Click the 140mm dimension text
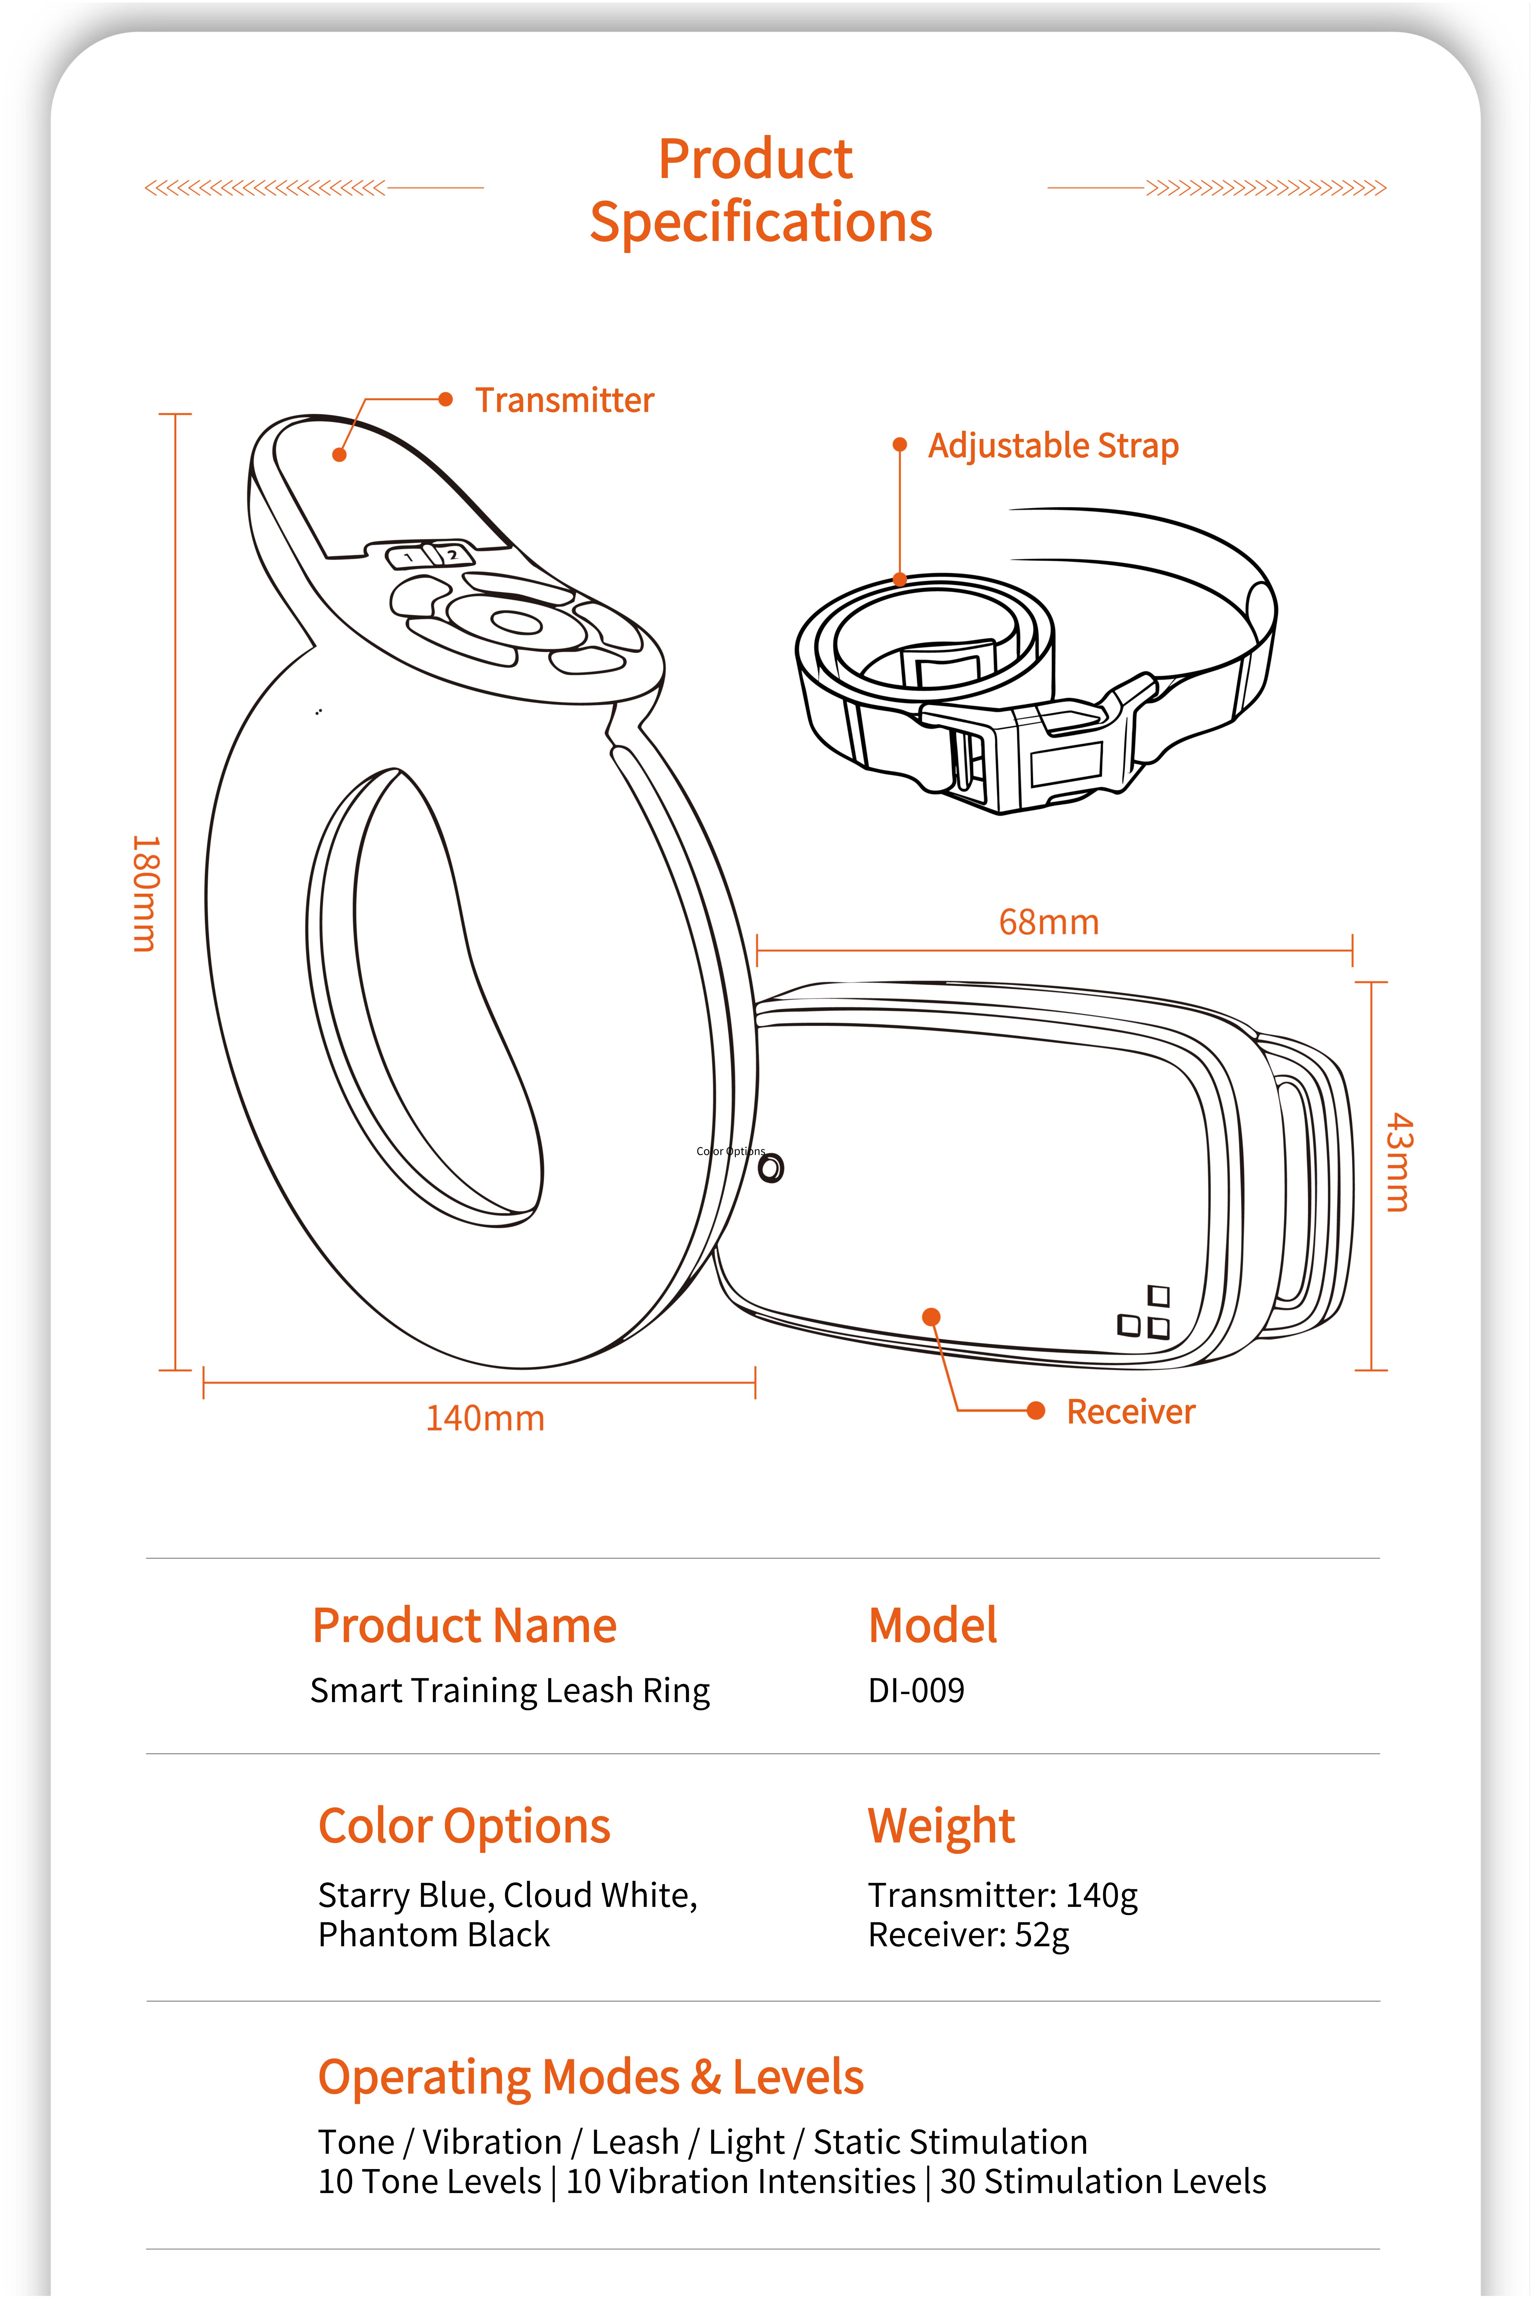point(485,1418)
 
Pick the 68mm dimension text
point(1048,922)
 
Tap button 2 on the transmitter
point(451,554)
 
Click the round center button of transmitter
point(515,622)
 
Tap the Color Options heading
point(464,1826)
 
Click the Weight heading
point(941,1826)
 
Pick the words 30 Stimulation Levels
point(1102,2182)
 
